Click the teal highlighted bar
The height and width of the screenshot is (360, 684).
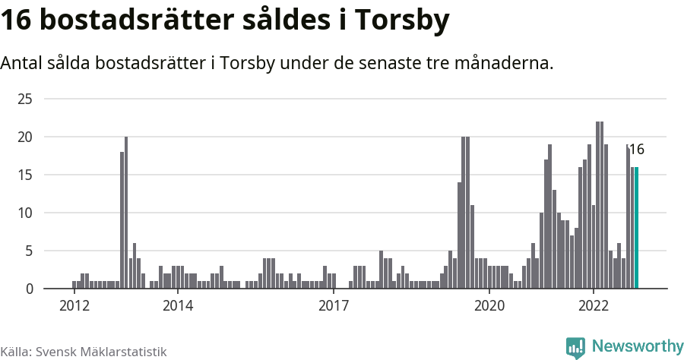[637, 228]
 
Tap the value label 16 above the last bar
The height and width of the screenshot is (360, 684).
[636, 150]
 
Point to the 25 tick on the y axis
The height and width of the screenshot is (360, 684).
[25, 99]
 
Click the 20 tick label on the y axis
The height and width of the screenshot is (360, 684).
[25, 137]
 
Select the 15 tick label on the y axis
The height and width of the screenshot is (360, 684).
[25, 175]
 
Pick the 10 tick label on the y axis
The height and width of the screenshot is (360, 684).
[25, 213]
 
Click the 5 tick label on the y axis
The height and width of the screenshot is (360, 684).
[29, 251]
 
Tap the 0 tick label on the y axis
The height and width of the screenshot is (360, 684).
[29, 289]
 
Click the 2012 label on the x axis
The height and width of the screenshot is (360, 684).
[74, 306]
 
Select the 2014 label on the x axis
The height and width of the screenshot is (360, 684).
[178, 306]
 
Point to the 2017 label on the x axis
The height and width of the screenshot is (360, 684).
[334, 306]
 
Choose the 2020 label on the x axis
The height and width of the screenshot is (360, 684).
[489, 306]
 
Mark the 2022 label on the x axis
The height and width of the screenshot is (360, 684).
[594, 306]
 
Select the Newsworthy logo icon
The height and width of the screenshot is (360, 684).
[575, 347]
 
